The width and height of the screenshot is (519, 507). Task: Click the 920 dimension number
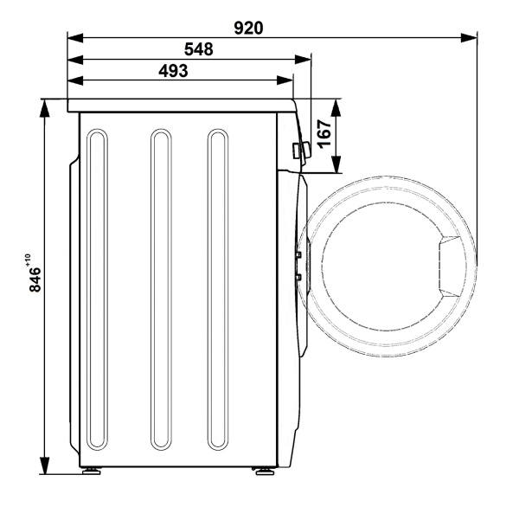(x=248, y=29)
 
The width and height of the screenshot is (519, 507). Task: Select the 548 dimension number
(x=199, y=49)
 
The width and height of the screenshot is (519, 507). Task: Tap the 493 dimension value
(x=173, y=71)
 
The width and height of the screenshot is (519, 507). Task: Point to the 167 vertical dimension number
(x=324, y=134)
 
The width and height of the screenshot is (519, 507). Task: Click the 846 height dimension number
(x=35, y=279)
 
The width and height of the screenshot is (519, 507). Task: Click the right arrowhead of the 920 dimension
(x=469, y=37)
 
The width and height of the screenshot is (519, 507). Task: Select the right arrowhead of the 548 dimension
(x=303, y=60)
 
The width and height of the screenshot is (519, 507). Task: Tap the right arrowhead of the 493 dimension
(x=285, y=80)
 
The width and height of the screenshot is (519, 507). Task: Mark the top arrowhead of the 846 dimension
(x=44, y=108)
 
